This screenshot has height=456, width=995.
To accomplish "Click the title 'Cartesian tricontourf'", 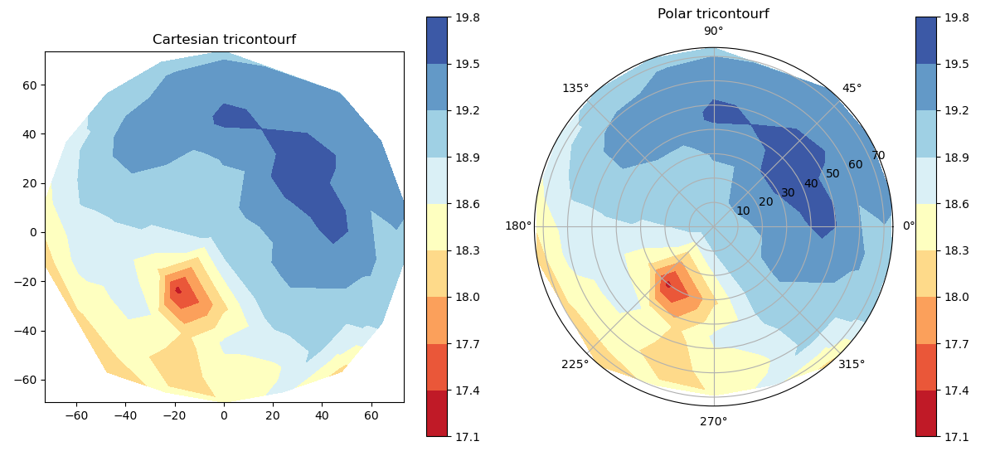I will tap(224, 40).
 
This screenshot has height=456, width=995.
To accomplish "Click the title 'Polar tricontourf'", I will tap(713, 14).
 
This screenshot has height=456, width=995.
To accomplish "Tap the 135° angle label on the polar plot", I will tap(575, 89).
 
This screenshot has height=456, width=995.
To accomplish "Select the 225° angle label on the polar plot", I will tap(575, 364).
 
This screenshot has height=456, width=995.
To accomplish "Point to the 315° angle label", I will tap(852, 364).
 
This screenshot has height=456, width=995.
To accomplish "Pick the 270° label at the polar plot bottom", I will tap(713, 421).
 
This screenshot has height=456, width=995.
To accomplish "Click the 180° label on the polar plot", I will tap(518, 226).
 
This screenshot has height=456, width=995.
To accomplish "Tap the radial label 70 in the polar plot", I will tap(878, 156).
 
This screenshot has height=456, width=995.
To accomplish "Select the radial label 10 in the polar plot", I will tap(743, 211).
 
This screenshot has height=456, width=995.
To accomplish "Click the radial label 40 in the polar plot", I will tap(811, 183).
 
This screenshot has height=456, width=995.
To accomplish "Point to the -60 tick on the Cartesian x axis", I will tap(75, 415).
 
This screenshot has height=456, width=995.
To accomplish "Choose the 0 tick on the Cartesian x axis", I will tap(224, 415).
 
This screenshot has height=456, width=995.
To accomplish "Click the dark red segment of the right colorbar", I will tap(925, 413).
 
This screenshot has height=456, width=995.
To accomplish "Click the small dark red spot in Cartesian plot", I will tap(177, 290).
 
